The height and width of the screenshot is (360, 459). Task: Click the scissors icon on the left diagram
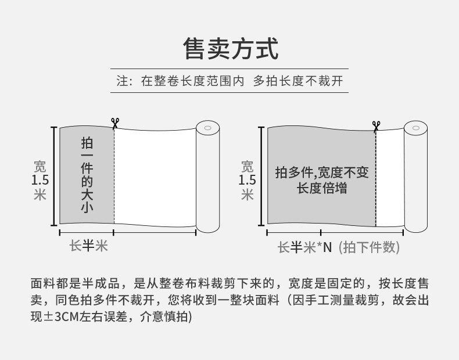pos(114,123)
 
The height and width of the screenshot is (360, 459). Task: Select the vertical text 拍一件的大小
pos(87,175)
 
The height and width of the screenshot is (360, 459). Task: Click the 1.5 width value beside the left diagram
pos(40,181)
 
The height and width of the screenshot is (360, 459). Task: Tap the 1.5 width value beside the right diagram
pos(248,181)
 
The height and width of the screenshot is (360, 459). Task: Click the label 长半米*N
pos(304,247)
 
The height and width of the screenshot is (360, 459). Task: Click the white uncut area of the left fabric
pos(154,174)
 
